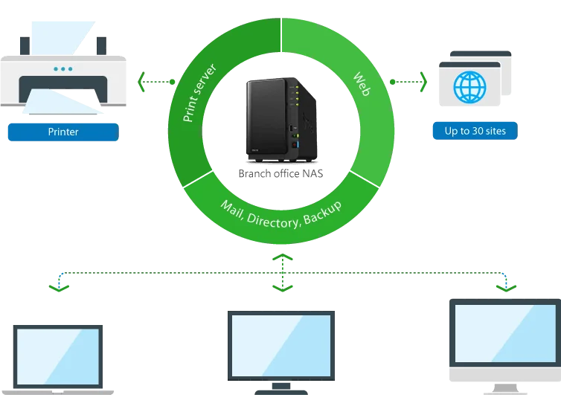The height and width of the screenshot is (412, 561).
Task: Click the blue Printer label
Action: click(x=62, y=132)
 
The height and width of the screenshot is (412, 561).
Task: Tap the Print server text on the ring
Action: click(x=199, y=93)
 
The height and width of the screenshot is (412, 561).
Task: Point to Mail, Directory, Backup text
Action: click(x=281, y=216)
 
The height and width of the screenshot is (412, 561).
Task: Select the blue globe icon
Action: click(x=469, y=87)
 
